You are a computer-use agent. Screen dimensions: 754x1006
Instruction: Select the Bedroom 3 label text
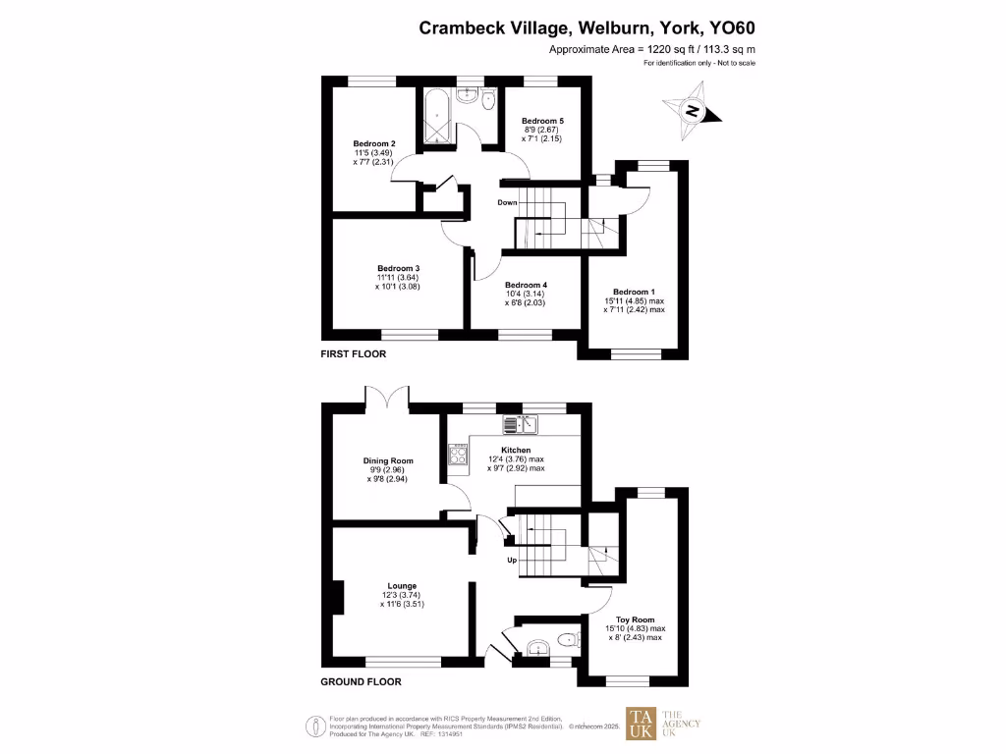pyautogui.click(x=398, y=268)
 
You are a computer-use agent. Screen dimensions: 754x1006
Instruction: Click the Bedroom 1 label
pyautogui.click(x=634, y=292)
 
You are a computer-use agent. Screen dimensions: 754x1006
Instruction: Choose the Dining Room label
pyautogui.click(x=387, y=460)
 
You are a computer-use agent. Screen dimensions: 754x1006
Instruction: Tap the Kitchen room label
pyautogui.click(x=516, y=450)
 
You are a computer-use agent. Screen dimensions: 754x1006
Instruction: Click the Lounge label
pyautogui.click(x=401, y=586)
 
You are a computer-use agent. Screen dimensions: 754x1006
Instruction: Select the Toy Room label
pyautogui.click(x=634, y=619)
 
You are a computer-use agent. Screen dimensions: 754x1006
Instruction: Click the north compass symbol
pyautogui.click(x=693, y=111)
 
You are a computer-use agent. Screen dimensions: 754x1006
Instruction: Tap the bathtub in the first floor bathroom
pyautogui.click(x=436, y=118)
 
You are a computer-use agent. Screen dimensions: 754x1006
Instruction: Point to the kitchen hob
pyautogui.click(x=458, y=454)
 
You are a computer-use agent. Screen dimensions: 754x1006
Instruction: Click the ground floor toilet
pyautogui.click(x=565, y=641)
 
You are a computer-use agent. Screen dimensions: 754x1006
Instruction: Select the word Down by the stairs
pyautogui.click(x=507, y=203)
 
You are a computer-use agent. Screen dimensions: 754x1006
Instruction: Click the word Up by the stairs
pyautogui.click(x=512, y=561)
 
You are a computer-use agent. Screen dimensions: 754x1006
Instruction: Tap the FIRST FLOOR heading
pyautogui.click(x=354, y=353)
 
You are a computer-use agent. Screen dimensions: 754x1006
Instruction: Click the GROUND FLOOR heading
pyautogui.click(x=361, y=681)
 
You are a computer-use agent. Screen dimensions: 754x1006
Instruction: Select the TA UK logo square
pyautogui.click(x=641, y=725)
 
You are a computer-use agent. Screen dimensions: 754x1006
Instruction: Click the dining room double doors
pyautogui.click(x=387, y=399)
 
